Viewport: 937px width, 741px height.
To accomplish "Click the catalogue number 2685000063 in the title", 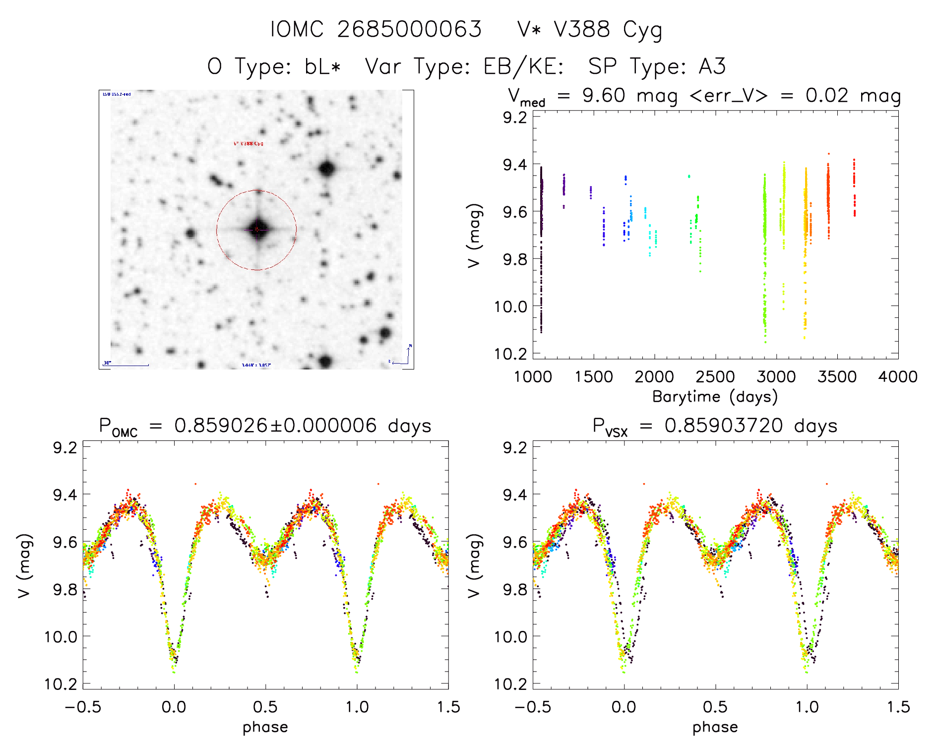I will pos(409,29).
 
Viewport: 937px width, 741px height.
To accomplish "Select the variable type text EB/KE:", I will pos(523,66).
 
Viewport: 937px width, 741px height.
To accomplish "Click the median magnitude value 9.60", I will pos(604,95).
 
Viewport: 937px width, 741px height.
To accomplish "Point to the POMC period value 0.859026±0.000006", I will pos(275,426).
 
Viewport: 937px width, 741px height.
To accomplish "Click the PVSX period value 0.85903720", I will pos(724,426).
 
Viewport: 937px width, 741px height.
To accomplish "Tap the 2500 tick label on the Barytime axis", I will pos(715,377).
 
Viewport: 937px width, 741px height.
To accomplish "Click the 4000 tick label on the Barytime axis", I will pos(898,377).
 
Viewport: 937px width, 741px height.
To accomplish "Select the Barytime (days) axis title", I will pos(715,397).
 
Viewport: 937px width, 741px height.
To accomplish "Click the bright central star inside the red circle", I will pos(257,230).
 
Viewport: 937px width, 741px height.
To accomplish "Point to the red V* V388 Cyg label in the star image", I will pos(249,144).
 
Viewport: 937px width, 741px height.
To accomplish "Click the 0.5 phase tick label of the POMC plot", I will pos(265,707).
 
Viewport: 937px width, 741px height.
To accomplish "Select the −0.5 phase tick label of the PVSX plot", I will pos(533,707).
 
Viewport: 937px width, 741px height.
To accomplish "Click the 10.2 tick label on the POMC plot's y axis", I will pos(61,684).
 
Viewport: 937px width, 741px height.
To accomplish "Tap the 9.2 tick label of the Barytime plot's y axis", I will pos(514,118).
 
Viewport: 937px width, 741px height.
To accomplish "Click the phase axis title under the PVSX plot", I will pos(715,727).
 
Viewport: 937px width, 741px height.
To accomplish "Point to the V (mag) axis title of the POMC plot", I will pos(24,566).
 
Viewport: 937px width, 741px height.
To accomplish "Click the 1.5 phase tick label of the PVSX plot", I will pos(898,707).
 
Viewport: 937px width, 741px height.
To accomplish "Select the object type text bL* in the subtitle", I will pos(322,66).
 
